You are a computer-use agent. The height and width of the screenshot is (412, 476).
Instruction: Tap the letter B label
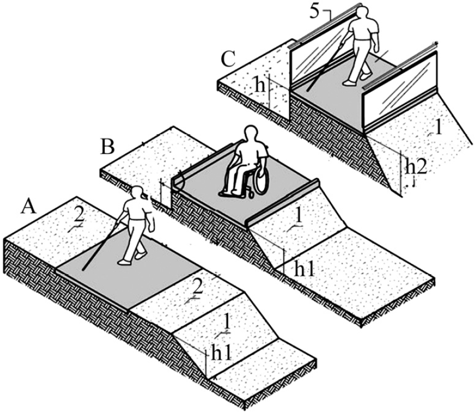point(108,147)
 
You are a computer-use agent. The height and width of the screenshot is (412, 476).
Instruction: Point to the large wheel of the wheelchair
point(259,180)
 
